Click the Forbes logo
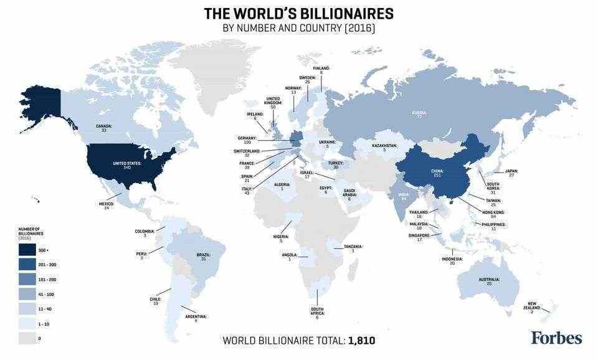pyautogui.click(x=556, y=338)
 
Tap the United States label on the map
pyautogui.click(x=127, y=165)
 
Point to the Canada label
pyautogui.click(x=104, y=128)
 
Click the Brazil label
pyautogui.click(x=203, y=256)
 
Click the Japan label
pyautogui.click(x=511, y=173)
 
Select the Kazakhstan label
pyautogui.click(x=384, y=147)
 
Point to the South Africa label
pyautogui.click(x=317, y=313)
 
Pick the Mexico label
pyautogui.click(x=107, y=205)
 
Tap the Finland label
pyautogui.click(x=321, y=70)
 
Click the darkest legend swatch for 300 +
pyautogui.click(x=27, y=250)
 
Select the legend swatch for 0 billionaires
pyautogui.click(x=27, y=338)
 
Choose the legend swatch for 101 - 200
pyautogui.click(x=27, y=279)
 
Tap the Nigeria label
pyautogui.click(x=282, y=238)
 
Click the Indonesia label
pyautogui.click(x=452, y=260)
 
